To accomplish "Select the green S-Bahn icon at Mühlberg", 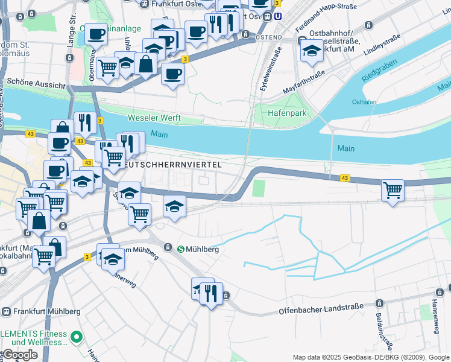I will pyautogui.click(x=181, y=248).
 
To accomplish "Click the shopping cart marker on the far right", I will pyautogui.click(x=393, y=191).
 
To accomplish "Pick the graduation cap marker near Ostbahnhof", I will pyautogui.click(x=311, y=51).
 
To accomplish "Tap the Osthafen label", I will pyautogui.click(x=364, y=102).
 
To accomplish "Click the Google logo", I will pyautogui.click(x=20, y=355).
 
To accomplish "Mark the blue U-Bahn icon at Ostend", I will pyautogui.click(x=277, y=16).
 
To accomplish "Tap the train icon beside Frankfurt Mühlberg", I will pyautogui.click(x=6, y=311).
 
